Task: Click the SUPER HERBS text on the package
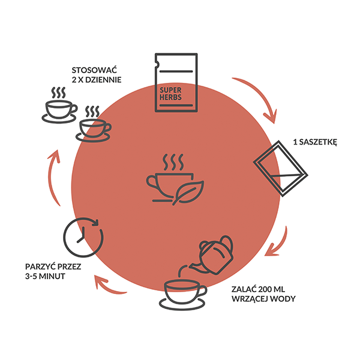pos(170,94)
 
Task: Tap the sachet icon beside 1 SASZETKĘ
pos(281,169)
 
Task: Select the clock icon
pos(83,237)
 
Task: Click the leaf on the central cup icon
pos(188,193)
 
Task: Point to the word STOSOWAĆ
pos(94,70)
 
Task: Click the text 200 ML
pos(272,289)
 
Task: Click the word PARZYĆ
pos(40,266)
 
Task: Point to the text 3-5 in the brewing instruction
pos(31,276)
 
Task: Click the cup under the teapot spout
pos(182,295)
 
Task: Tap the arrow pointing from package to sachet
pos(261,95)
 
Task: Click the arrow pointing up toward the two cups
pos(53,177)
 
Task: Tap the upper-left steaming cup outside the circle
pos(59,105)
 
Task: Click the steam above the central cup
pos(173,162)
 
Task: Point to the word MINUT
pos(52,276)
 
